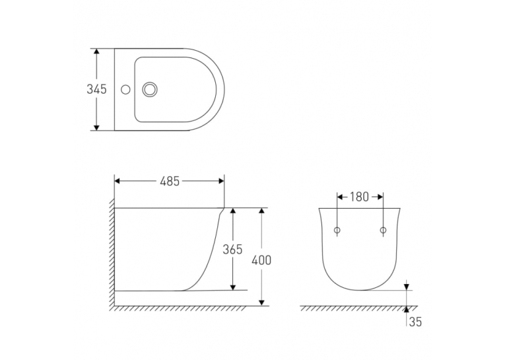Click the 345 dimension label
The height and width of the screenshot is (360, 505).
96,89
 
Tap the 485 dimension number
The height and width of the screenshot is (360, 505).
170,181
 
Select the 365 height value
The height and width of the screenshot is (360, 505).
232,249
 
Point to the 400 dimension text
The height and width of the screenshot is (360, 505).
261,260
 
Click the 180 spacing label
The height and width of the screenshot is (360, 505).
359,197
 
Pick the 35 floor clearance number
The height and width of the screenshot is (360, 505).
415,322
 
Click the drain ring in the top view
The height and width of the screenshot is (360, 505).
150,89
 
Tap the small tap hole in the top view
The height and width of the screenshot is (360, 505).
125,89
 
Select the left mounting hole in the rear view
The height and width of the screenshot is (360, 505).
337,230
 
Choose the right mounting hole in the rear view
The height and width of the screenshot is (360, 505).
383,230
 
